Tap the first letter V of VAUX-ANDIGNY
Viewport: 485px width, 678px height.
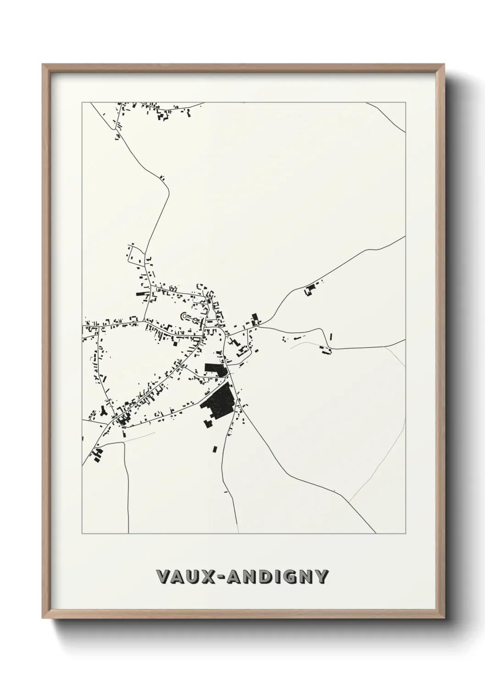pyautogui.click(x=163, y=577)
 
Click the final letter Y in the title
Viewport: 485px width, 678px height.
pyautogui.click(x=321, y=577)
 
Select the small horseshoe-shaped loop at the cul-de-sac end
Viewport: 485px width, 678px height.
pyautogui.click(x=185, y=316)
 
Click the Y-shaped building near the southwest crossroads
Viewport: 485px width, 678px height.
pyautogui.click(x=103, y=412)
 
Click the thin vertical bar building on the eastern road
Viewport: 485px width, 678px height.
pyautogui.click(x=331, y=337)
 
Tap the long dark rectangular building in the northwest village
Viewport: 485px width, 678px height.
pyautogui.click(x=142, y=294)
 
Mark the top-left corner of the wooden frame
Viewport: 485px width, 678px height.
pyautogui.click(x=43, y=65)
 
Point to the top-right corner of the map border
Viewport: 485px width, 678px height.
pyautogui.click(x=406, y=103)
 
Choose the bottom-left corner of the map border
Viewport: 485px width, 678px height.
pyautogui.click(x=82, y=534)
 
